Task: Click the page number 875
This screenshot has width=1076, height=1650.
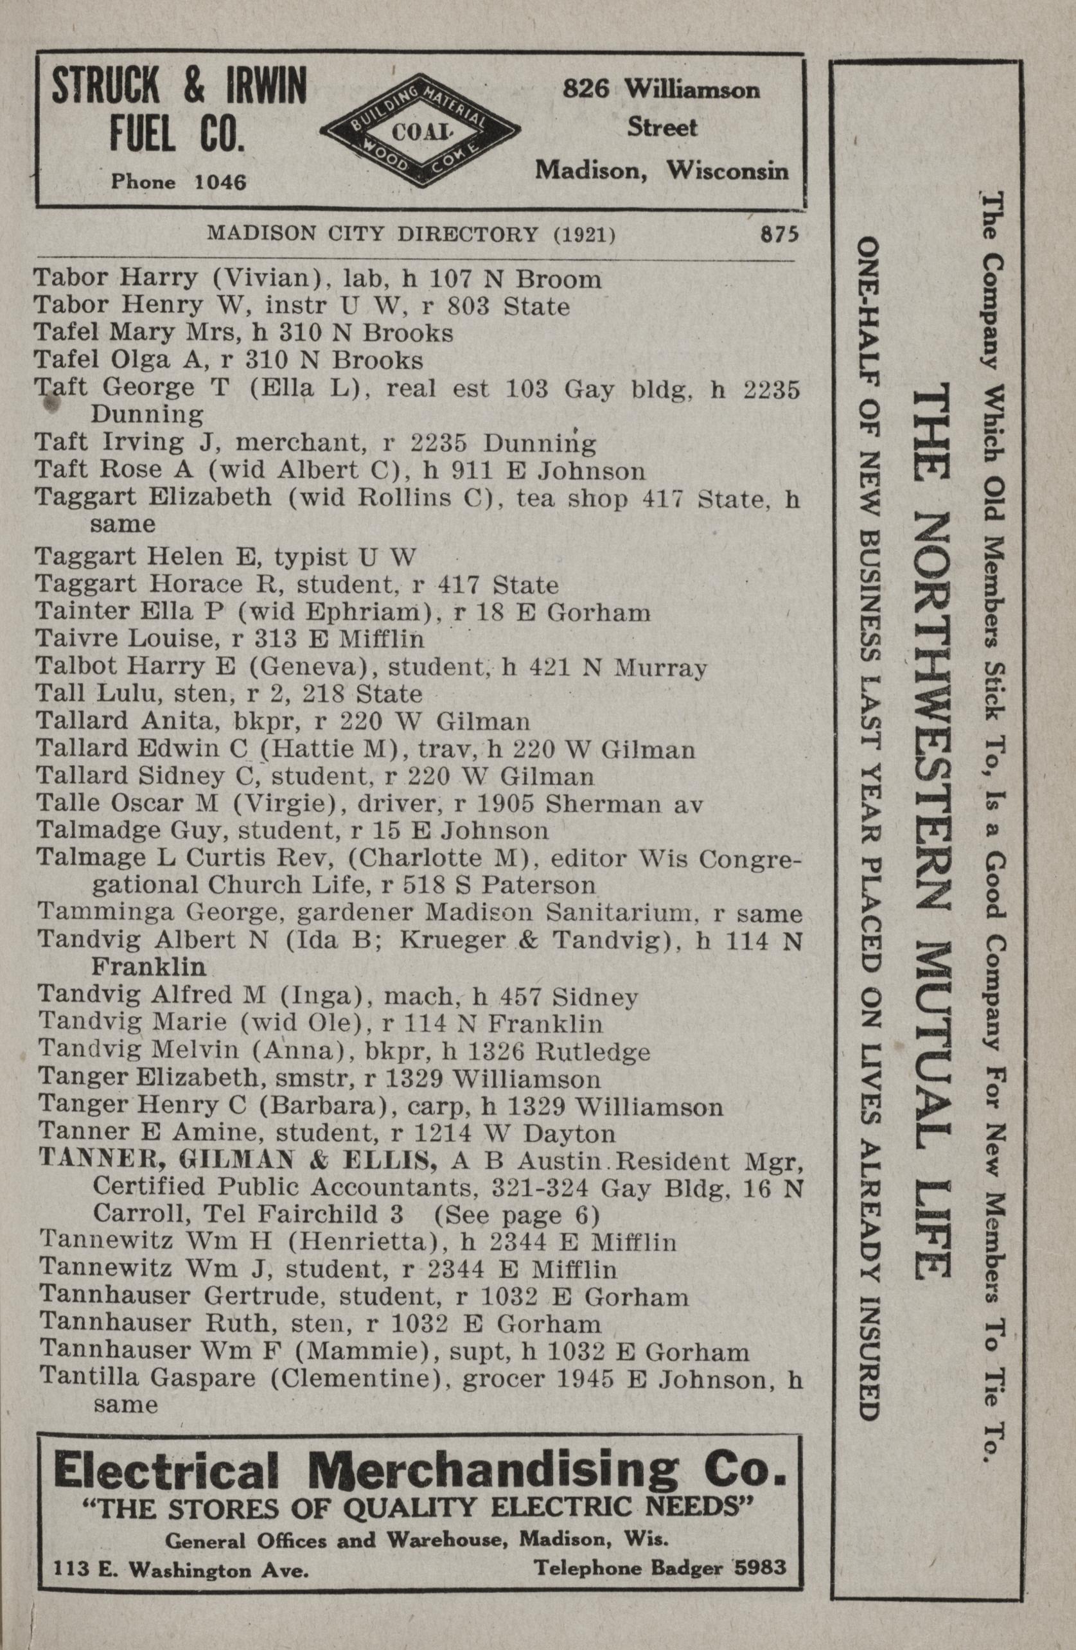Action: [779, 234]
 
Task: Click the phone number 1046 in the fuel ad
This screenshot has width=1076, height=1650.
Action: [220, 182]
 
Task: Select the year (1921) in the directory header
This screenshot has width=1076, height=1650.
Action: [584, 234]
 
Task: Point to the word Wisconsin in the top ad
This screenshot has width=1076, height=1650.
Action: [727, 170]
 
